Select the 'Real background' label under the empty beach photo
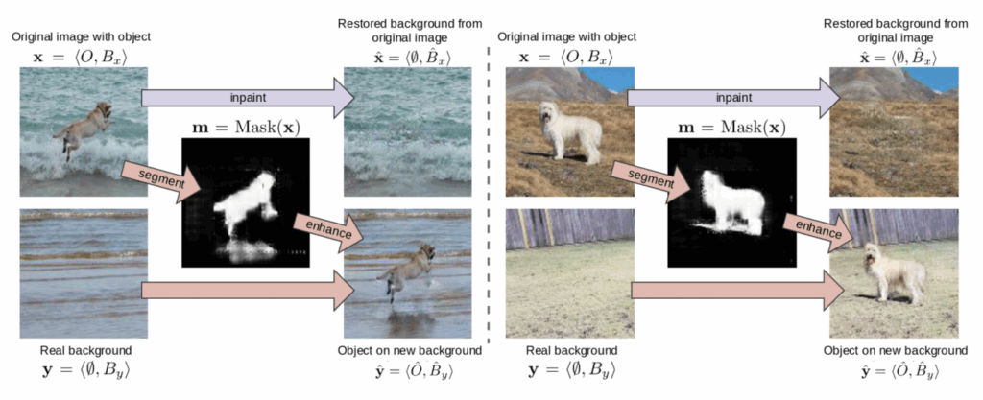coord(83,350)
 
